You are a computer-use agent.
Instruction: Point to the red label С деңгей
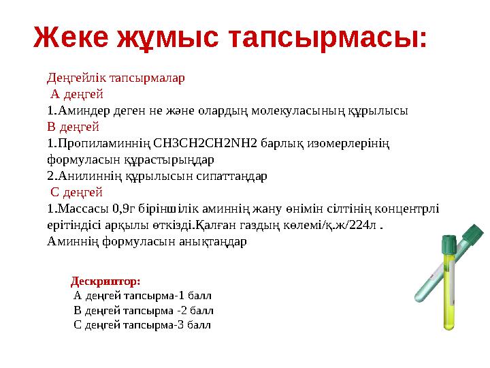click(x=77, y=192)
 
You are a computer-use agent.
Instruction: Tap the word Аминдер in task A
click(x=80, y=110)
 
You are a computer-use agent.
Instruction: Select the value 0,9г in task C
click(x=127, y=209)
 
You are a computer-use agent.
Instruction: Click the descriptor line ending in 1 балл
click(x=142, y=296)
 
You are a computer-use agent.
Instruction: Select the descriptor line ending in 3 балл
click(x=142, y=324)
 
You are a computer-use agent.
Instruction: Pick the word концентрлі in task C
click(x=406, y=209)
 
